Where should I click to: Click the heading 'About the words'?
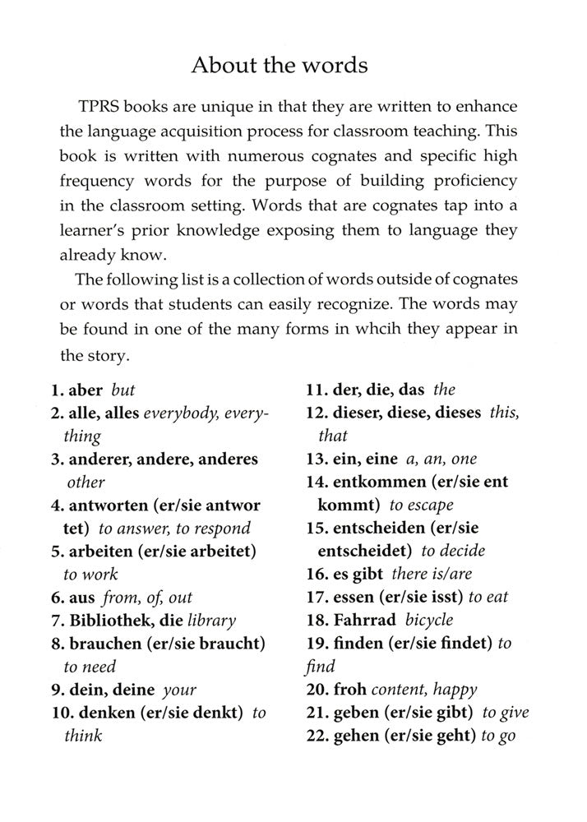292,66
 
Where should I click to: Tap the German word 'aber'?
85,390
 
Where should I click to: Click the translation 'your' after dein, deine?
179,690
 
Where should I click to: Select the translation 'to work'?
90,575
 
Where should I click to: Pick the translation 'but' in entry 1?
122,390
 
